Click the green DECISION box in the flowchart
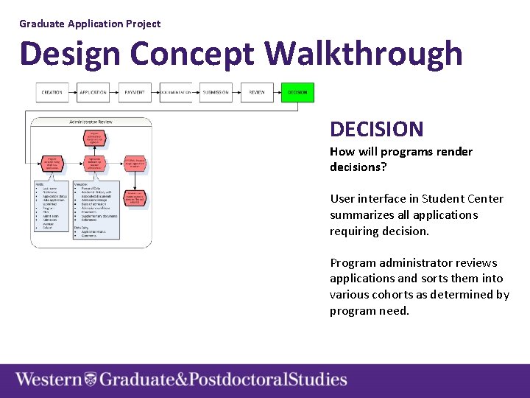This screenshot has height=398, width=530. tap(297, 92)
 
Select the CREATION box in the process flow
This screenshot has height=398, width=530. tap(52, 92)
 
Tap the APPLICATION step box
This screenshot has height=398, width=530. tap(93, 92)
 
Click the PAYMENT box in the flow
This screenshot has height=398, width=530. tap(134, 92)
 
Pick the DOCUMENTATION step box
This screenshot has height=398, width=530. tap(175, 92)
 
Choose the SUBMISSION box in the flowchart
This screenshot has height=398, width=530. tap(216, 92)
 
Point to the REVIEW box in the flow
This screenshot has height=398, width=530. tap(257, 92)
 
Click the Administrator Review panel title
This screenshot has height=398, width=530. tap(91, 122)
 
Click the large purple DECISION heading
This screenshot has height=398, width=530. tap(376, 130)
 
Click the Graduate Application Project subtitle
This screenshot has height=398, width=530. tap(90, 24)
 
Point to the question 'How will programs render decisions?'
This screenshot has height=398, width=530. tap(401, 159)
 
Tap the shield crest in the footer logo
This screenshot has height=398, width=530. tap(91, 380)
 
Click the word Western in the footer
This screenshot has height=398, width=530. tap(49, 380)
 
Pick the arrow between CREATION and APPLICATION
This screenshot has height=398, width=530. tap(72, 92)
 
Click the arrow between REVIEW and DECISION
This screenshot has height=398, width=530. tap(277, 92)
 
